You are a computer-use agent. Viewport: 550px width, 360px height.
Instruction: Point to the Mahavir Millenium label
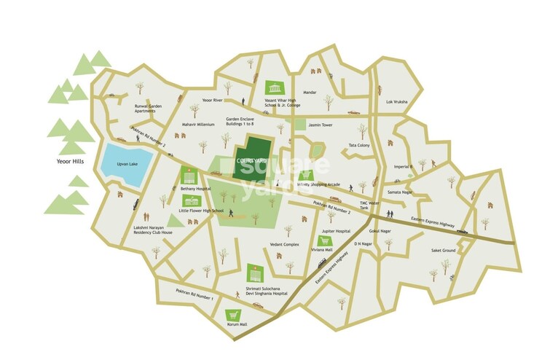pos(198,125)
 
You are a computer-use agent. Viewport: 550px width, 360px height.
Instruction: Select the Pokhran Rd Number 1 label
pos(193,295)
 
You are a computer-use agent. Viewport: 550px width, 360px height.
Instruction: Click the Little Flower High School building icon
pos(192,201)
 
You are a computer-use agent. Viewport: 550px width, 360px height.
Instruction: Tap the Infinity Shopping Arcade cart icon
pos(305,175)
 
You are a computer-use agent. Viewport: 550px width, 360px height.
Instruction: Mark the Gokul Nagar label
pos(381,230)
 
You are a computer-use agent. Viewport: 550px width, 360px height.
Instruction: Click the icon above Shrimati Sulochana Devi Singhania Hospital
pos(254,273)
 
